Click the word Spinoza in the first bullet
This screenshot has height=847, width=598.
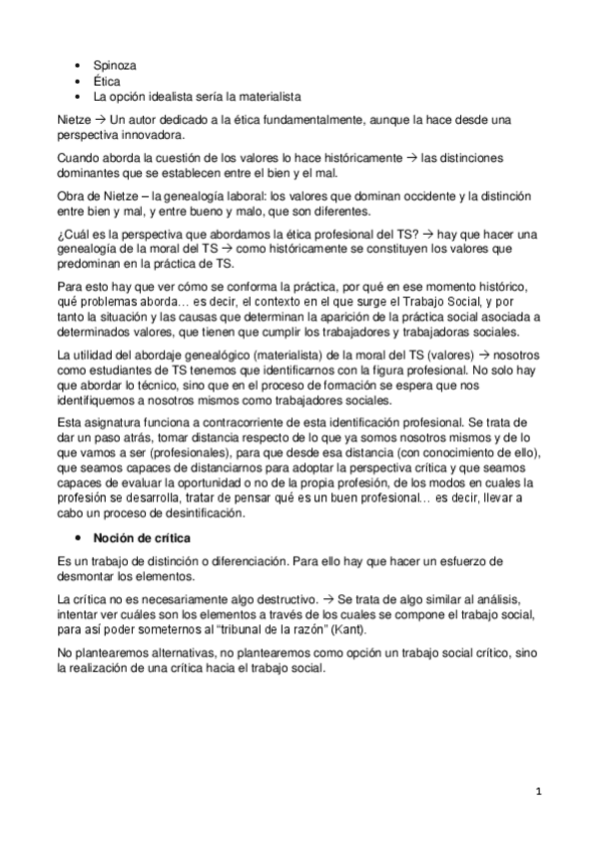tap(116, 65)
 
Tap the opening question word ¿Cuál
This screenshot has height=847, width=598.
tap(71, 232)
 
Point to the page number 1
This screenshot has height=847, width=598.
tap(538, 792)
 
